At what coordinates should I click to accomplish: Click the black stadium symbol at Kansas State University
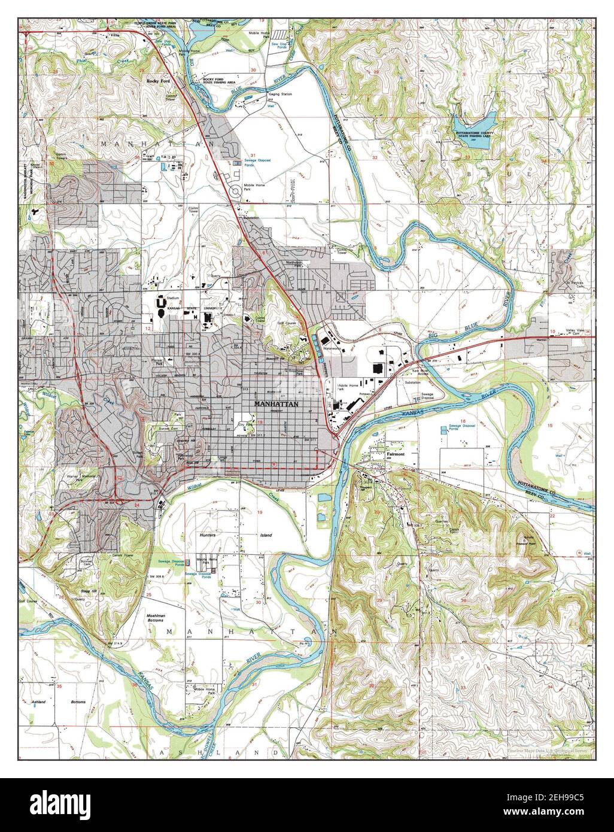pyautogui.click(x=161, y=305)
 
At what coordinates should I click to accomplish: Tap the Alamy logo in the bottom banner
pyautogui.click(x=306, y=804)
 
